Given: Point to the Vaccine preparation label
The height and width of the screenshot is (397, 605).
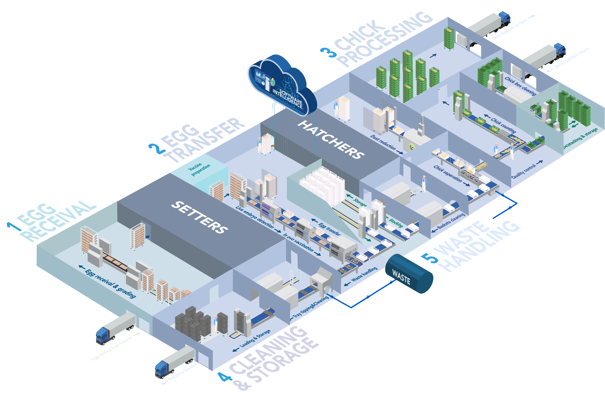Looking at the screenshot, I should pyautogui.click(x=199, y=169).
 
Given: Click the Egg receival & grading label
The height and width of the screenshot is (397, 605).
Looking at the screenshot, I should pyautogui.click(x=110, y=283).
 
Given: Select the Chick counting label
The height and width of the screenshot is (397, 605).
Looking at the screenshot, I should pyautogui.click(x=503, y=125).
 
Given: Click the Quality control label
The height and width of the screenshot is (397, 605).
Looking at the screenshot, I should pyautogui.click(x=524, y=171).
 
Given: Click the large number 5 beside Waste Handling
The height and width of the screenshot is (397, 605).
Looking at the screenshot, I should pyautogui.click(x=430, y=258).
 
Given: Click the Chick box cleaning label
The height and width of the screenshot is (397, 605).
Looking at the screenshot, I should pyautogui.click(x=520, y=86).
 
